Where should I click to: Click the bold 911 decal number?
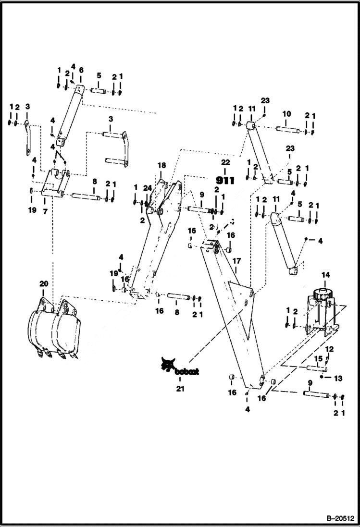click(225, 181)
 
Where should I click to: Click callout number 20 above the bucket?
click(43, 284)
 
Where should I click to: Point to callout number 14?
click(325, 275)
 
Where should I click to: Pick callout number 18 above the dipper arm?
click(161, 165)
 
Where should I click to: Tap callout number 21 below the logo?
click(180, 389)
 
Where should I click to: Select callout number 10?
click(286, 114)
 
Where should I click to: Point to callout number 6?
click(81, 70)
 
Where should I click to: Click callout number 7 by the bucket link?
click(45, 211)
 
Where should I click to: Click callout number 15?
click(318, 358)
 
